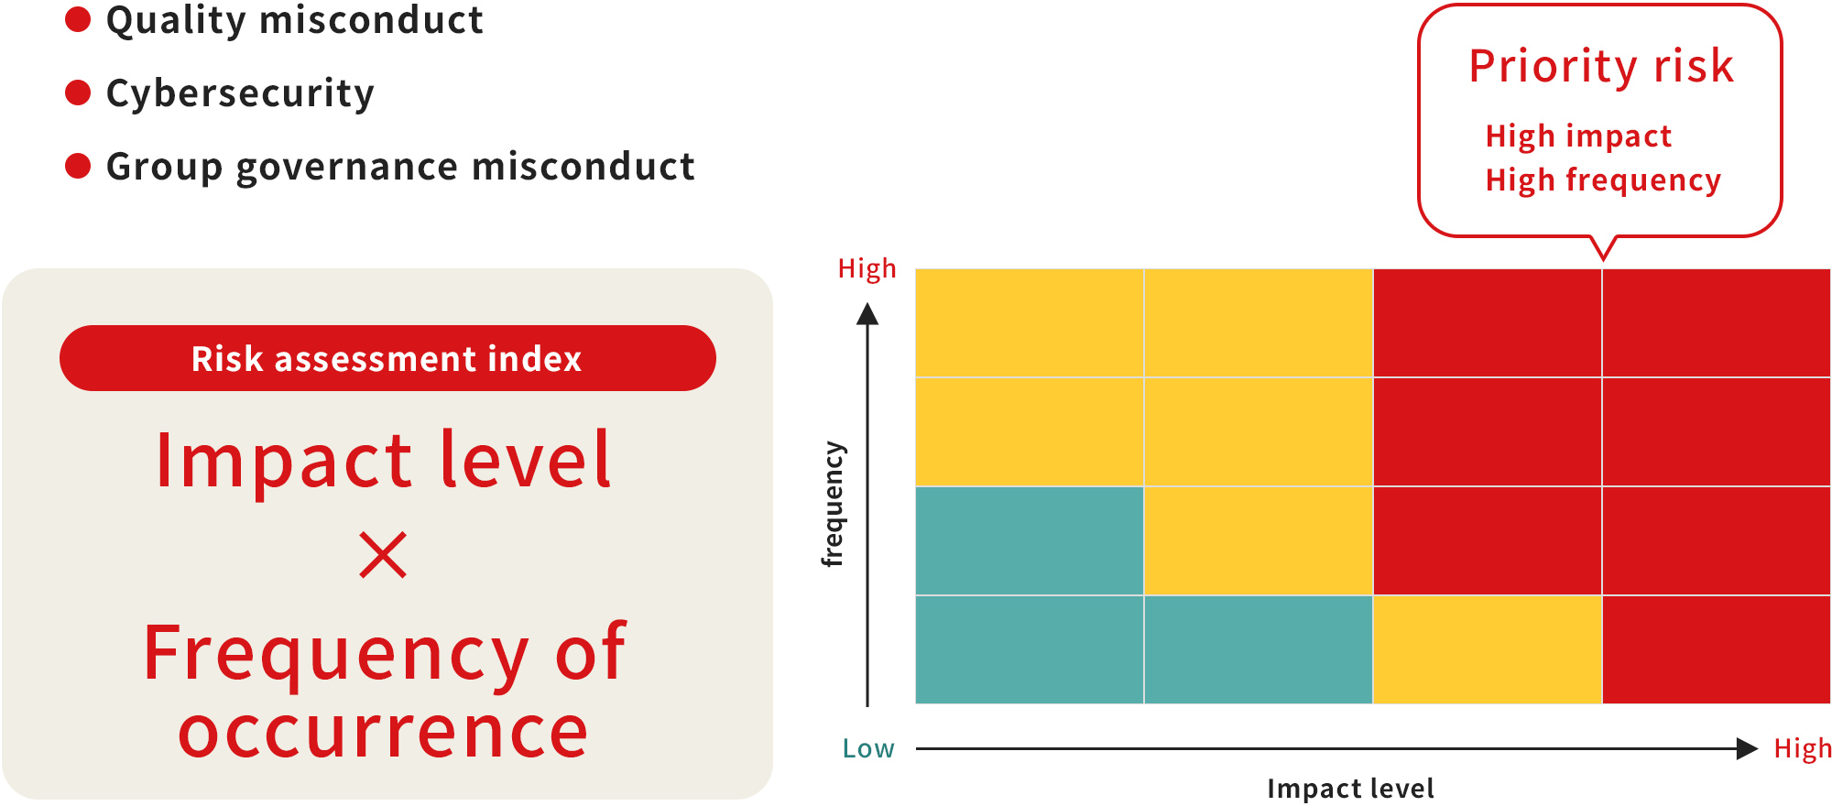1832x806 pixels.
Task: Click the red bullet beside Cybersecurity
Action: click(x=78, y=93)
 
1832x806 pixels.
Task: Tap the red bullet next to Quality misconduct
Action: click(x=78, y=19)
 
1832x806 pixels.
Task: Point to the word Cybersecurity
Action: click(x=240, y=94)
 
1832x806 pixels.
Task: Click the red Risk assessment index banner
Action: click(x=387, y=358)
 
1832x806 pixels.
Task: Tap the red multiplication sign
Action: click(x=383, y=555)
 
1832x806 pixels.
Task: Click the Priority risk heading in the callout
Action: click(x=1601, y=66)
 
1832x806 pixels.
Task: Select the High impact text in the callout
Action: click(x=1578, y=136)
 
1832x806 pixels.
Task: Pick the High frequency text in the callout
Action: click(x=1603, y=180)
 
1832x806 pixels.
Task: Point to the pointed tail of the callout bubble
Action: click(x=1603, y=259)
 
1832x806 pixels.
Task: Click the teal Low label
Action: click(x=868, y=748)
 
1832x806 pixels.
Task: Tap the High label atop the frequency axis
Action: click(x=867, y=268)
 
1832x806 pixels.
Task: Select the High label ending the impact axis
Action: click(x=1803, y=748)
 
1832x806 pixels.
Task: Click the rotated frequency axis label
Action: click(x=832, y=505)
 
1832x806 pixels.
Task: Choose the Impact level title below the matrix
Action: click(x=1350, y=789)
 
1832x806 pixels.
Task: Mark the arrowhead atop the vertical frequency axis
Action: click(x=867, y=314)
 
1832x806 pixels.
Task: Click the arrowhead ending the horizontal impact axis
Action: click(x=1747, y=748)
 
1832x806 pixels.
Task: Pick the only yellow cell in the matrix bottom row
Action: click(x=1488, y=649)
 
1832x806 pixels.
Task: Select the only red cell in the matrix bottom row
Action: click(x=1717, y=649)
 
